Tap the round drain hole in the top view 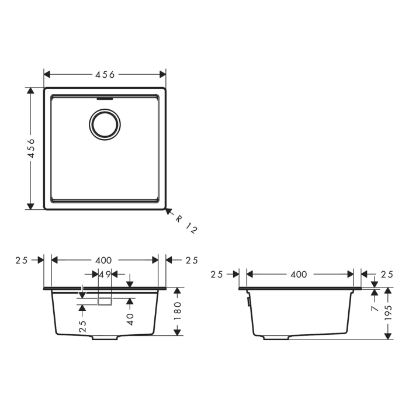(106, 124)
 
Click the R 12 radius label (186, 224)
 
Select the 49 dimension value (105, 274)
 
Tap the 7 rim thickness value (374, 307)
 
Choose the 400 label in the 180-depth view (105, 260)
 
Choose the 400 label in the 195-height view (299, 274)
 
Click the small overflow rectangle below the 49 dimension (105, 301)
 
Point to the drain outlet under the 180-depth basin (106, 338)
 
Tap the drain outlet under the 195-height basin (275, 338)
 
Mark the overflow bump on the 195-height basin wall (249, 301)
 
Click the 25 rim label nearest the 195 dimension (387, 274)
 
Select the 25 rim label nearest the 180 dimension (192, 260)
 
